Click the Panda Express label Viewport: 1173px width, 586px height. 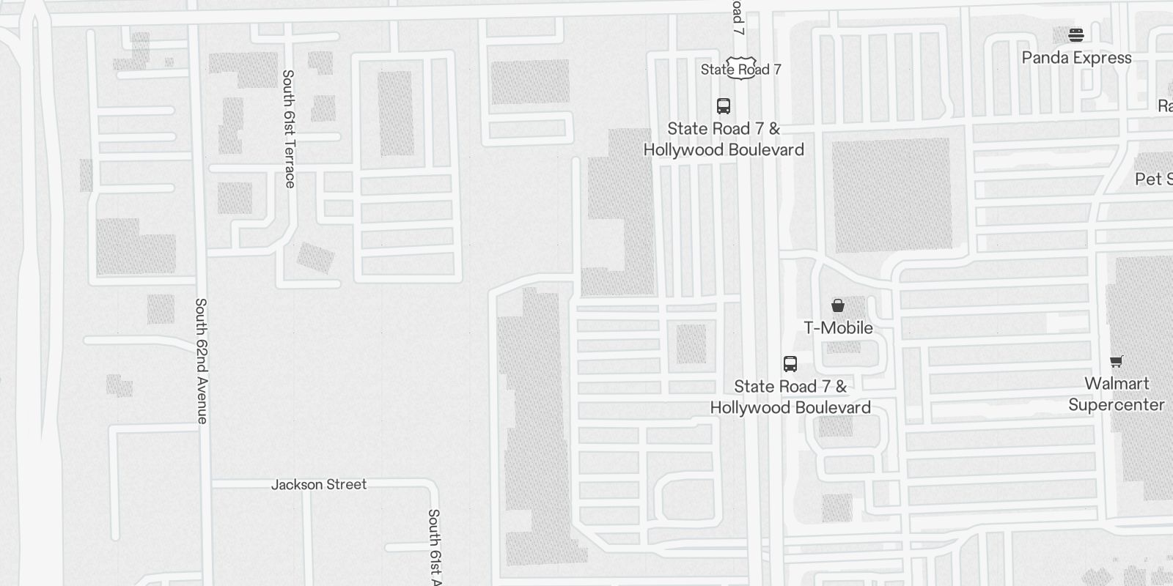1076,58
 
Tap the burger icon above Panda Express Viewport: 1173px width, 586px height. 1076,34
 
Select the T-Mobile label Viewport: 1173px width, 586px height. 838,327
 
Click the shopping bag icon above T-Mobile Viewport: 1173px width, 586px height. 838,305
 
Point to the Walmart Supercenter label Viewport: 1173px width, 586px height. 1116,394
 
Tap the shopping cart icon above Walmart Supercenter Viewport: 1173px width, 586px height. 1116,361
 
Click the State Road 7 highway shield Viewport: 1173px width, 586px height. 740,68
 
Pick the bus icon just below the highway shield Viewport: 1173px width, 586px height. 724,106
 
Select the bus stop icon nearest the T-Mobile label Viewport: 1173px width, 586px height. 790,364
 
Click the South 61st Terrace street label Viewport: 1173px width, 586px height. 289,128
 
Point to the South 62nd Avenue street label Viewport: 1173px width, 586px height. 201,360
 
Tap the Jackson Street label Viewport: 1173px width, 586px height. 319,484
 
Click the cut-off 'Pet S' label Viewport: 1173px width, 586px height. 1153,179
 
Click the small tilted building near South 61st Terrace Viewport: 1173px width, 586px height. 315,257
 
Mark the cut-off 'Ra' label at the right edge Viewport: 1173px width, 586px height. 1164,105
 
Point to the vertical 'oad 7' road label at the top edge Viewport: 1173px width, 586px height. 738,18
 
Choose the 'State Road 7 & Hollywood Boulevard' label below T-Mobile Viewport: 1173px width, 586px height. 790,397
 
